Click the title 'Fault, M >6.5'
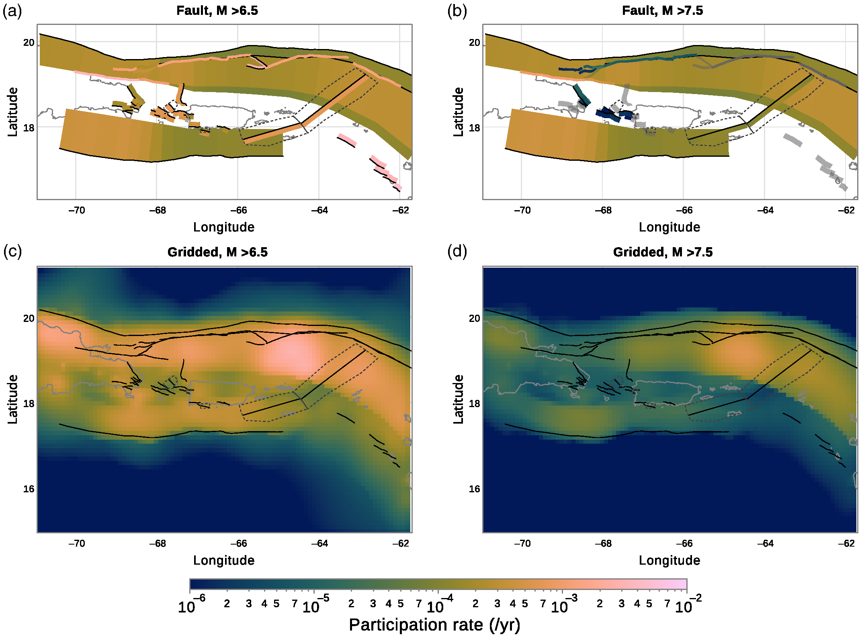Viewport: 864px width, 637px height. coord(217,10)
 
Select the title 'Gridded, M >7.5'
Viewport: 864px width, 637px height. coord(663,252)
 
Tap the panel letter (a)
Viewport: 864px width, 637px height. coord(12,11)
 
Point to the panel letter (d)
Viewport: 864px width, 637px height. coord(457,252)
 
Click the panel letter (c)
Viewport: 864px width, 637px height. coord(12,252)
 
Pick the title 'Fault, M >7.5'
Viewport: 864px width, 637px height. coord(662,10)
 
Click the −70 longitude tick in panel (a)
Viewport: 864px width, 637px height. coord(76,210)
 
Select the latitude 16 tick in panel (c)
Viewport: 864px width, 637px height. coord(29,489)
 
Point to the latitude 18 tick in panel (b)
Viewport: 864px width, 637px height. coord(474,128)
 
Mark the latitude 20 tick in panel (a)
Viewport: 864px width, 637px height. coord(29,43)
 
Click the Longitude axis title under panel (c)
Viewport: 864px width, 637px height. coord(224,560)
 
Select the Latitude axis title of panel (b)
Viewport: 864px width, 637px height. coord(459,112)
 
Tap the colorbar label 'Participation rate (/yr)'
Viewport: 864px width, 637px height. coord(434,625)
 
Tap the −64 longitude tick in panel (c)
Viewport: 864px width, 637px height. coord(319,543)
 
